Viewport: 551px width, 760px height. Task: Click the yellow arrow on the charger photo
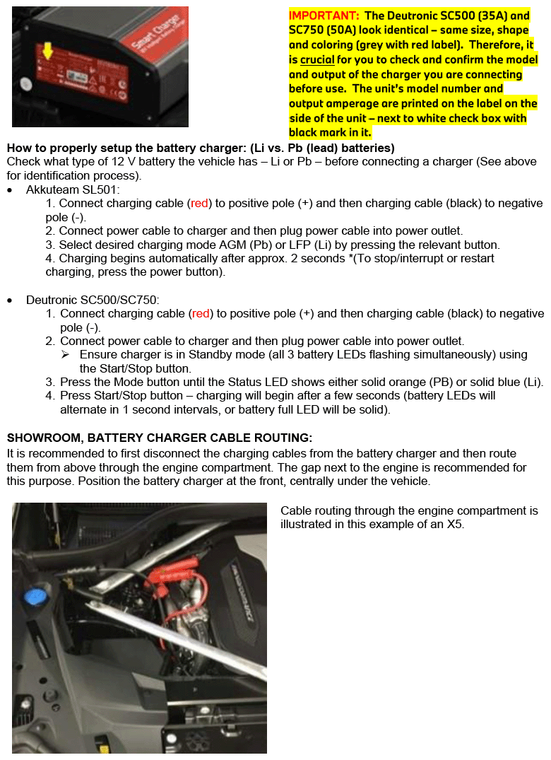click(x=47, y=50)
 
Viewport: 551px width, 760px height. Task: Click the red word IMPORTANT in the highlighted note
click(x=322, y=16)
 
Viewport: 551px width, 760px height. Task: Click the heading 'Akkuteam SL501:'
click(x=73, y=189)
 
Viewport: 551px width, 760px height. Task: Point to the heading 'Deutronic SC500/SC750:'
click(x=93, y=300)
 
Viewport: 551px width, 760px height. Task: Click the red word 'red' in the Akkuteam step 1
click(x=200, y=203)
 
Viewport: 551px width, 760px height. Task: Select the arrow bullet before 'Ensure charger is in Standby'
click(x=66, y=354)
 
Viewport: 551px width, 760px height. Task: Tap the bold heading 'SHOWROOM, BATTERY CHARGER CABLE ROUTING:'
click(x=160, y=438)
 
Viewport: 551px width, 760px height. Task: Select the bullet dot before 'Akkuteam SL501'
click(x=10, y=190)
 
